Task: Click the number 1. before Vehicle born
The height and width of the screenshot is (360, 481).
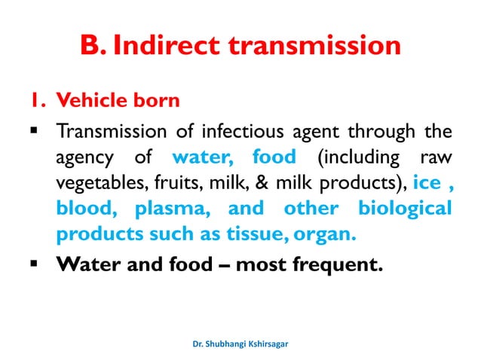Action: pos(38,100)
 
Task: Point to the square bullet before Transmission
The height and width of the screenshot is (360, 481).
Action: pos(35,133)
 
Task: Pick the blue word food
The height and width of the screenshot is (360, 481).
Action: pos(274,159)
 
